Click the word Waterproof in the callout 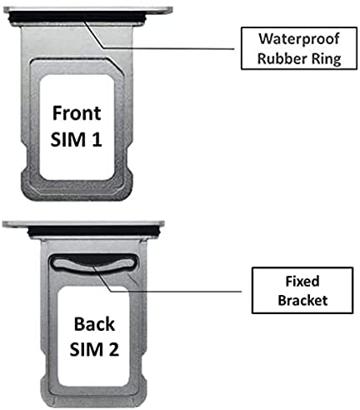(x=299, y=38)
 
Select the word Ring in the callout (x=326, y=59)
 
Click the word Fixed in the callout (x=302, y=281)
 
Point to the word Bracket (x=302, y=300)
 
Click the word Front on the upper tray (x=77, y=113)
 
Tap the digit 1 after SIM (x=96, y=139)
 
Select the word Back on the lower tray (x=94, y=324)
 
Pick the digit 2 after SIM (x=113, y=349)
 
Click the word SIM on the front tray (x=68, y=139)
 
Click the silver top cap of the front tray (x=87, y=9)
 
